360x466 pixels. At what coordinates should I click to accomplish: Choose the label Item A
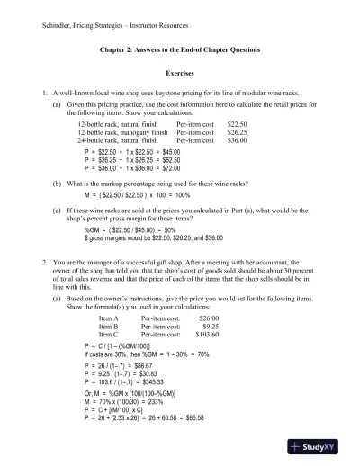pyautogui.click(x=109, y=318)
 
